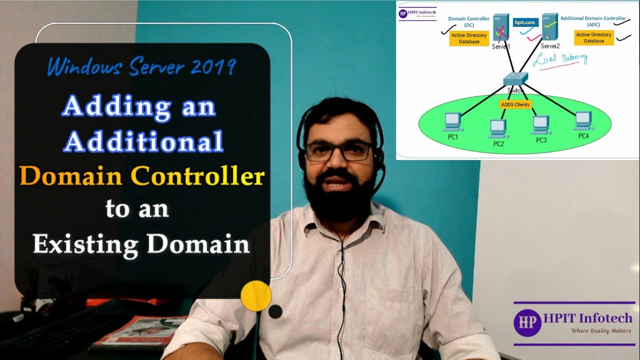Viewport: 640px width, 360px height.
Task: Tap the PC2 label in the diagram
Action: [x=498, y=144]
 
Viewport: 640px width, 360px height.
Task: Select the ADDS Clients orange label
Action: [x=515, y=104]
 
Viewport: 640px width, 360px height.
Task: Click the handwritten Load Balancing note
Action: [x=560, y=59]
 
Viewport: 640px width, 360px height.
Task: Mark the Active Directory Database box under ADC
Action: [x=594, y=38]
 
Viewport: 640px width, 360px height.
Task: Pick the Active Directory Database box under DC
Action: [x=469, y=38]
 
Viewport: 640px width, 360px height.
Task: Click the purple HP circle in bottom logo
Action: [x=527, y=322]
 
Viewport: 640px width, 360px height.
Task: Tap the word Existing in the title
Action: [x=85, y=243]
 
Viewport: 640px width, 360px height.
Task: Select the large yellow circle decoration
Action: [x=256, y=295]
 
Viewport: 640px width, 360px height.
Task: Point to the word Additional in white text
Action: [x=143, y=141]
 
